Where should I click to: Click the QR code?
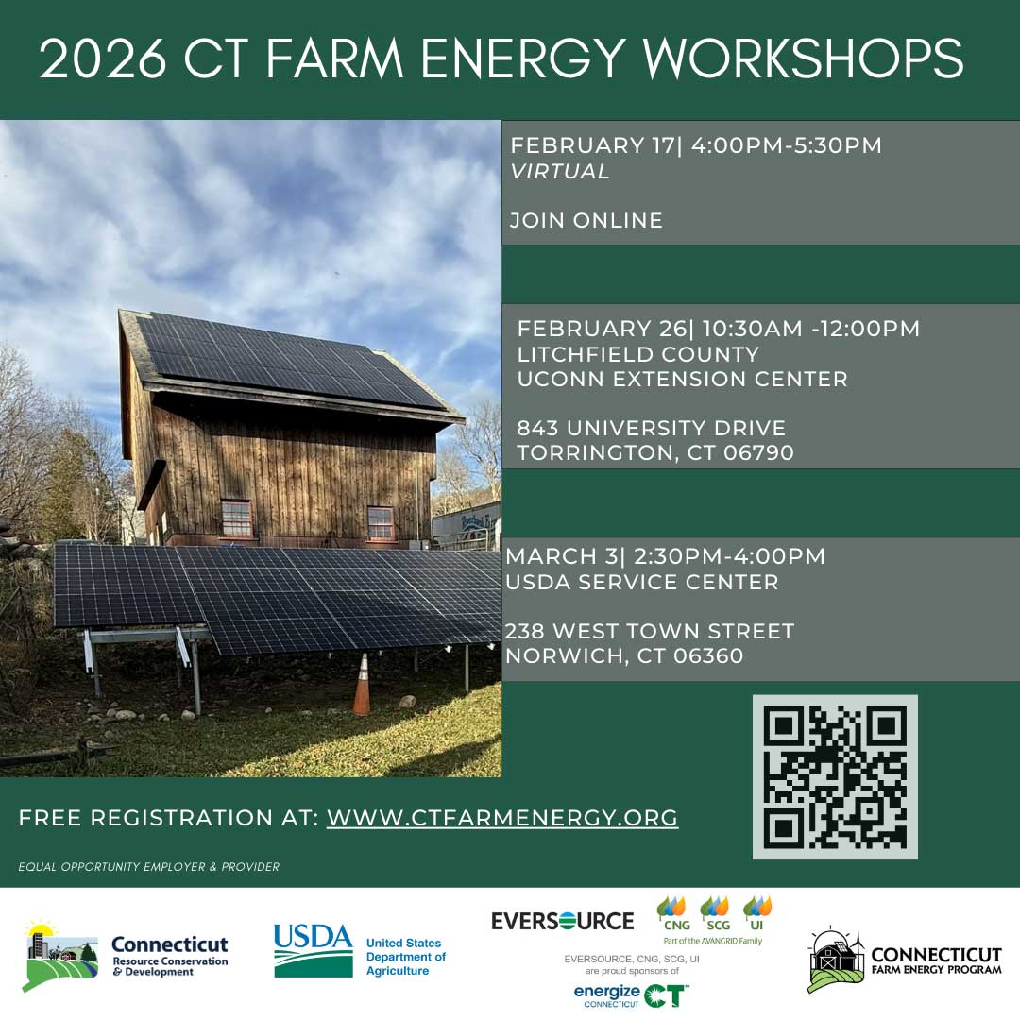click(x=835, y=776)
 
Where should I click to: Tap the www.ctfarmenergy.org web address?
click(x=502, y=818)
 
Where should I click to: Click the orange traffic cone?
click(x=362, y=685)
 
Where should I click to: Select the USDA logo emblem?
click(x=313, y=950)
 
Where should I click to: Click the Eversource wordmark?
click(x=563, y=920)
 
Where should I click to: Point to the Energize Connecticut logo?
click(x=631, y=995)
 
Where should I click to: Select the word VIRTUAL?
click(x=560, y=172)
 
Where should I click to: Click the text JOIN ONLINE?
click(x=586, y=221)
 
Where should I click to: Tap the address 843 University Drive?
click(x=652, y=429)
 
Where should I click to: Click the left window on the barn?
click(x=236, y=518)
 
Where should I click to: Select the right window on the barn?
click(x=380, y=522)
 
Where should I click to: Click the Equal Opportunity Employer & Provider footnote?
click(x=148, y=867)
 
